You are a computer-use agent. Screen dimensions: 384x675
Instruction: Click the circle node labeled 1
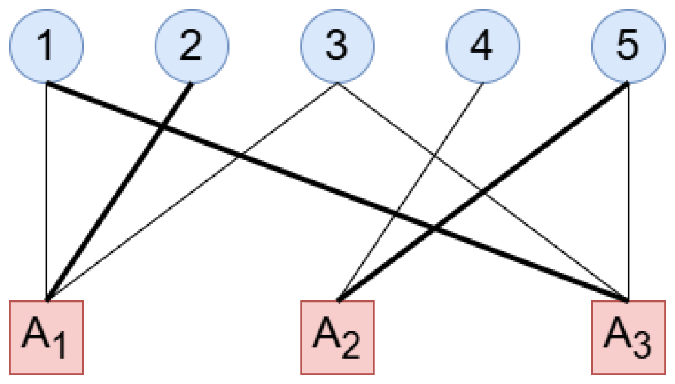point(47,46)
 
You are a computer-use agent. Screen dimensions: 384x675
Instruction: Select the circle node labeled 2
point(192,46)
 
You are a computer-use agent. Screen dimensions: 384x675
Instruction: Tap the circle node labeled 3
point(337,46)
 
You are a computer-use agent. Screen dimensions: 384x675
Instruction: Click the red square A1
point(47,337)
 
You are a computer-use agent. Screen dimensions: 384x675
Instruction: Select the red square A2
point(337,337)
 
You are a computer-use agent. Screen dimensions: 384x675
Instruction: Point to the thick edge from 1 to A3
point(337,192)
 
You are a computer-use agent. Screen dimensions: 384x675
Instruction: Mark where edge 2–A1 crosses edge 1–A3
point(163,127)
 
